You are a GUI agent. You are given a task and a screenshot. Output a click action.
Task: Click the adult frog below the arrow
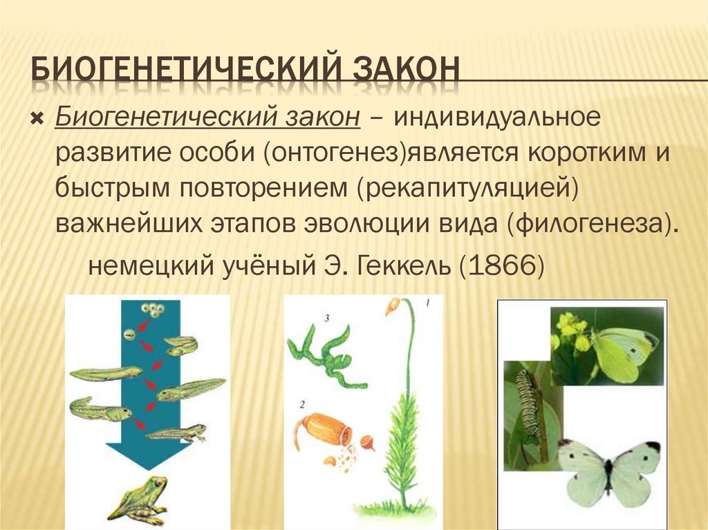click(138, 500)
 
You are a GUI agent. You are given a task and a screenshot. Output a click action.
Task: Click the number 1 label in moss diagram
click(427, 302)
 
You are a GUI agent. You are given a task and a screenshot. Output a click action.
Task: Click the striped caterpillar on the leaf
click(530, 408)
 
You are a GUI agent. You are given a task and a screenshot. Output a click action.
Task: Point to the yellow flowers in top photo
click(570, 329)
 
